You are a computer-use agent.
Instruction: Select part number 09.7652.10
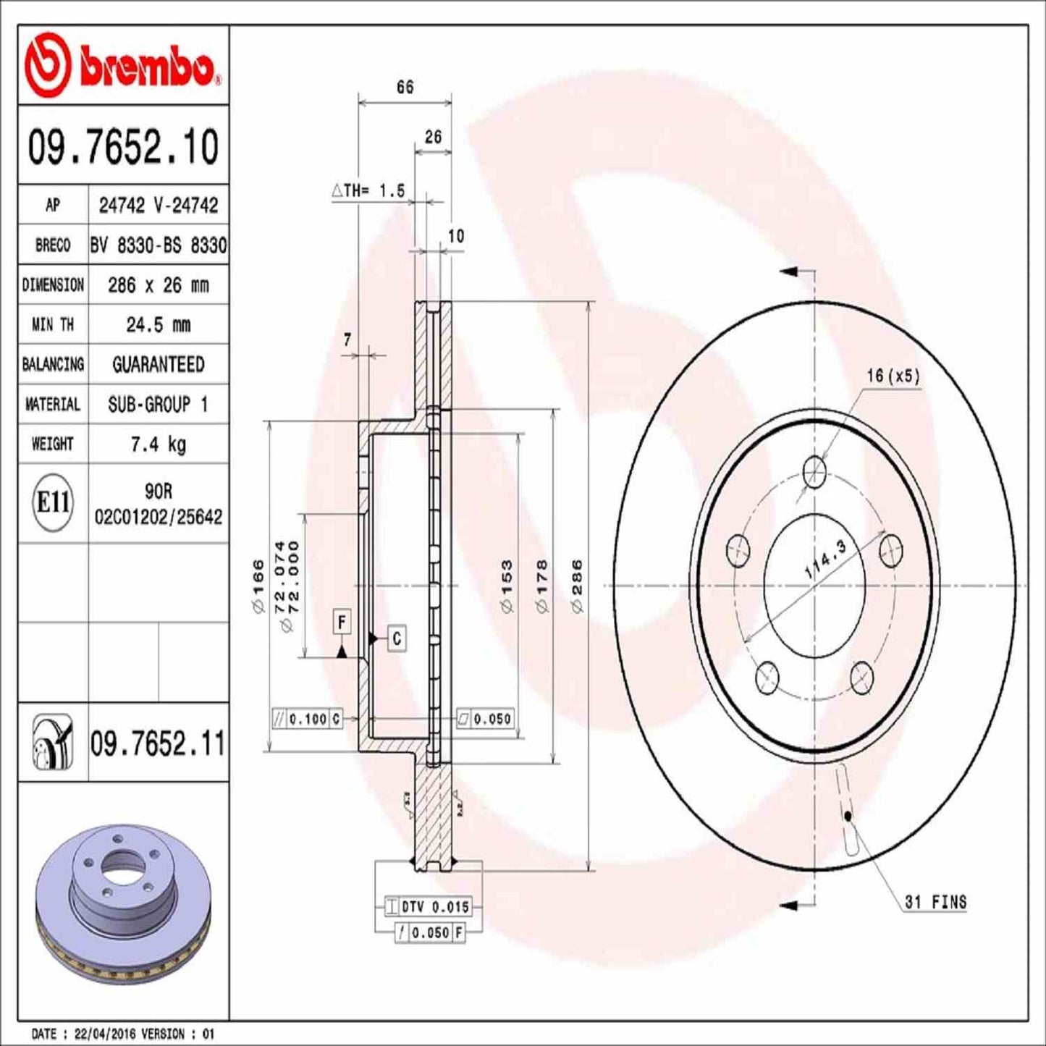tap(123, 147)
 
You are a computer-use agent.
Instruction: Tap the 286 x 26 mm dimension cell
tap(158, 285)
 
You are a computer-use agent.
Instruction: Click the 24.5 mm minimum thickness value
tap(158, 325)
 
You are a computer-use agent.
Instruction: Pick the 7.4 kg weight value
tap(158, 444)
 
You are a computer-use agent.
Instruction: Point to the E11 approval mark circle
tap(53, 502)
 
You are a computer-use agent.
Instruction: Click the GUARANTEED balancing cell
tap(158, 364)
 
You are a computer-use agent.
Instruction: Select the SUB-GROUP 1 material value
tap(158, 404)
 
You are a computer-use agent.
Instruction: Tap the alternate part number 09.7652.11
tap(158, 743)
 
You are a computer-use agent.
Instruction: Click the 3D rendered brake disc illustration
tap(123, 906)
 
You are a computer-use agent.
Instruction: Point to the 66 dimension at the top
tap(405, 87)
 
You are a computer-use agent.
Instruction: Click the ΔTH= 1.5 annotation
tap(368, 191)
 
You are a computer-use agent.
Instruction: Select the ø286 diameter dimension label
tap(577, 586)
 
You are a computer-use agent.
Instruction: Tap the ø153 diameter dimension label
tap(507, 586)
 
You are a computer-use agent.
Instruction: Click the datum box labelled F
tap(342, 622)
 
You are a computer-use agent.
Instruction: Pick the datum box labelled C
tap(397, 638)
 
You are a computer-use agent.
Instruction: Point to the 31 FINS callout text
tap(935, 902)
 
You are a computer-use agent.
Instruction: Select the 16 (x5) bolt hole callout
tap(893, 376)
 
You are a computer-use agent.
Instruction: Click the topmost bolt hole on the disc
tap(815, 471)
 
